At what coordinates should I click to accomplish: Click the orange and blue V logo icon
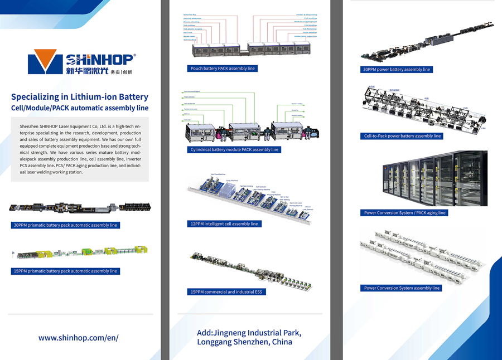pyautogui.click(x=46, y=61)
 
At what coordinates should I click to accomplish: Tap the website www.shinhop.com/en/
pyautogui.click(x=79, y=338)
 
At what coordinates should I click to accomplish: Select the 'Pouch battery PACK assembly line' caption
pyautogui.click(x=222, y=69)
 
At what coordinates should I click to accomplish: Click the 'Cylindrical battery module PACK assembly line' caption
pyautogui.click(x=234, y=149)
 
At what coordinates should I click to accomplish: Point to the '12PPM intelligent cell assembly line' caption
pyautogui.click(x=224, y=223)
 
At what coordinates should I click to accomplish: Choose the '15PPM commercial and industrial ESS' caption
pyautogui.click(x=226, y=291)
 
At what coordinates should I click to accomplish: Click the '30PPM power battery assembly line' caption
pyautogui.click(x=397, y=70)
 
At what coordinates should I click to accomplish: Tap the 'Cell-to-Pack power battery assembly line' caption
pyautogui.click(x=402, y=136)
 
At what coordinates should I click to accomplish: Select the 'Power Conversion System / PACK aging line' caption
pyautogui.click(x=404, y=213)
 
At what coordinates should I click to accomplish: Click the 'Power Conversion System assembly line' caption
pyautogui.click(x=402, y=288)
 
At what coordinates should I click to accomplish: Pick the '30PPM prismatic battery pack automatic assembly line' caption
pyautogui.click(x=65, y=225)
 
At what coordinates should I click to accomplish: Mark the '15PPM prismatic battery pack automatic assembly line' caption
pyautogui.click(x=65, y=271)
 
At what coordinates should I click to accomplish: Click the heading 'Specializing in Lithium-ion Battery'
pyautogui.click(x=80, y=96)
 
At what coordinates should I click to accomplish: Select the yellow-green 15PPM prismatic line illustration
pyautogui.click(x=81, y=254)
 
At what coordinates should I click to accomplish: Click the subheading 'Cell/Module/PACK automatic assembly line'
pyautogui.click(x=80, y=108)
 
